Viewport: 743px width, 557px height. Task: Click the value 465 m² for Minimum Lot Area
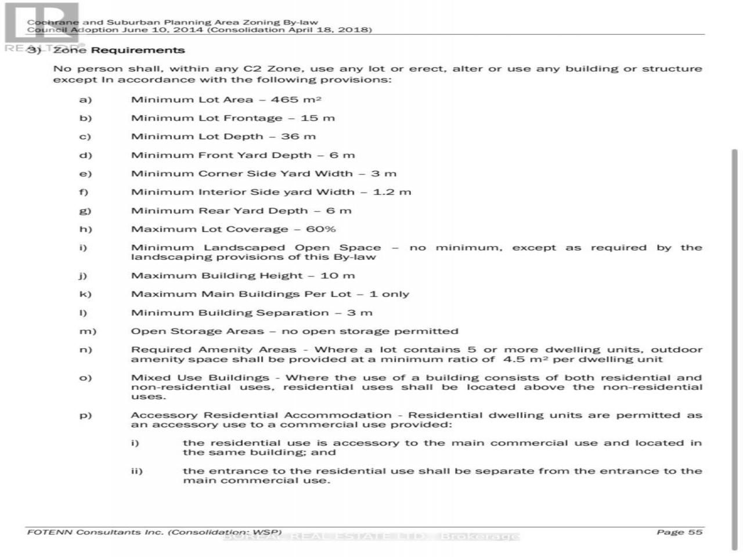click(296, 100)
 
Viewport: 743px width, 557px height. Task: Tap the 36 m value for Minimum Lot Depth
click(298, 137)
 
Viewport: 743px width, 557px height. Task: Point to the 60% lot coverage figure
click(320, 230)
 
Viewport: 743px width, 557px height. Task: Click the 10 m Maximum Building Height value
click(337, 276)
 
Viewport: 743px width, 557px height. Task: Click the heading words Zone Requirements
click(119, 50)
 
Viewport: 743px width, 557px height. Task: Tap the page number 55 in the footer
click(695, 532)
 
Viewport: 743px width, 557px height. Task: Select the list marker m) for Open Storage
click(88, 332)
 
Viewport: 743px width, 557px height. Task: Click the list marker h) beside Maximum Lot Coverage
click(85, 230)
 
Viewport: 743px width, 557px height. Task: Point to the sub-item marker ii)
click(136, 471)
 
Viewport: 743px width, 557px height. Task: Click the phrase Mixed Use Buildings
click(200, 378)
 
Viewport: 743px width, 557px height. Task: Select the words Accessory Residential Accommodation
click(261, 415)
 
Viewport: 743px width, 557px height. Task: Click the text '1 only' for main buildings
click(389, 295)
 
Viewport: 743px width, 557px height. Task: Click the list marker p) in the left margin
click(85, 415)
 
